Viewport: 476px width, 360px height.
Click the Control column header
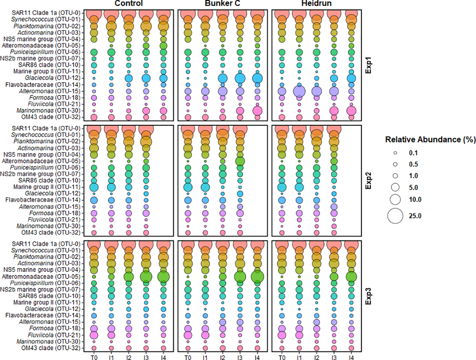pos(129,4)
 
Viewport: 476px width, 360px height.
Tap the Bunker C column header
pos(222,4)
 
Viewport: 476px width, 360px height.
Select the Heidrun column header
pos(316,4)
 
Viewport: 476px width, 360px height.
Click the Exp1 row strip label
pos(368,65)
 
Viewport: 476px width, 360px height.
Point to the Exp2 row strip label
pos(368,181)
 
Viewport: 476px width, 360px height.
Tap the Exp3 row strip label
pos(368,296)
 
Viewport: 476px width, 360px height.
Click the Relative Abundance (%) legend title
pos(430,140)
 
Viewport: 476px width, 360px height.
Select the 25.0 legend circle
pos(395,216)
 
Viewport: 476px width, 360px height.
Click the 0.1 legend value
pos(413,153)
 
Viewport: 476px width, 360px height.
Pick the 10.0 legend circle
pos(395,200)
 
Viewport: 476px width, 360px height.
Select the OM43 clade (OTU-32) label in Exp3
pos(51,348)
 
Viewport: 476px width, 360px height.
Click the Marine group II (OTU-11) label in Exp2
pos(47,187)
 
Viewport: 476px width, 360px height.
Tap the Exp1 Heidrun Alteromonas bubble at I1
pos(299,91)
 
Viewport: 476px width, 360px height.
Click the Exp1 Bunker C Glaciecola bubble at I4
pos(257,78)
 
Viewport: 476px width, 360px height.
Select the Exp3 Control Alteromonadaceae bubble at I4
pos(163,277)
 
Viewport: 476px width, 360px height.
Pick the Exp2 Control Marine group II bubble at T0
pos(94,187)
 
